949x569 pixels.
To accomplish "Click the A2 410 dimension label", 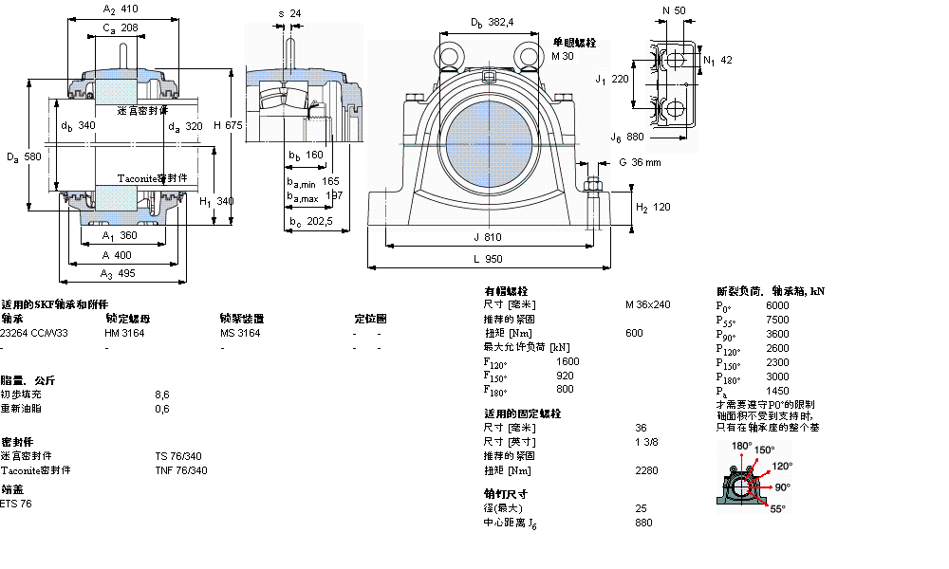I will click(x=120, y=9).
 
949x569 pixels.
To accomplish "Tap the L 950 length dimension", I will click(x=493, y=258).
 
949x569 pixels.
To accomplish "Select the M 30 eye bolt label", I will click(x=563, y=56).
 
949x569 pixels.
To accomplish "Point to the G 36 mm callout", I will click(x=639, y=162).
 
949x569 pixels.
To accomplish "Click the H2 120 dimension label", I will click(x=653, y=207).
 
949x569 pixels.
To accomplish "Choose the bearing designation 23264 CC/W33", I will click(x=34, y=334).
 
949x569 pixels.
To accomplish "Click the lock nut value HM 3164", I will click(x=124, y=334).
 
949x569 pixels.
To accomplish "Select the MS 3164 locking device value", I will click(x=239, y=334).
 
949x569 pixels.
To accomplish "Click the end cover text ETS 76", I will click(x=16, y=504).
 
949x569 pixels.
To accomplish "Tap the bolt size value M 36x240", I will click(x=647, y=305).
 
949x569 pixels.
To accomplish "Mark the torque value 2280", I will click(x=647, y=470).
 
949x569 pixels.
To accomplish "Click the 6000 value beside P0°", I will click(x=776, y=305).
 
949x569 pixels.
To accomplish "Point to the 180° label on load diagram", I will click(x=741, y=445).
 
